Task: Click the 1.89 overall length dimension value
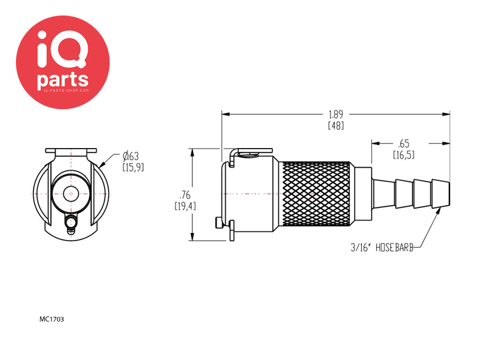[x=336, y=114]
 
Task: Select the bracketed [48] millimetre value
[x=336, y=126]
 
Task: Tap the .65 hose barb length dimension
[x=404, y=143]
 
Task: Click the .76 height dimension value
[x=185, y=195]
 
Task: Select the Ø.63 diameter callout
[x=131, y=157]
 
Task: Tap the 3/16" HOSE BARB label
[x=382, y=247]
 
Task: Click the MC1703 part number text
[x=52, y=319]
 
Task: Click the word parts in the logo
[x=63, y=79]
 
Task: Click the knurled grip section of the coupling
[x=316, y=194]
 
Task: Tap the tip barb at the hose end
[x=441, y=194]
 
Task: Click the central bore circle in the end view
[x=71, y=194]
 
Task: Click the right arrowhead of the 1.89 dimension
[x=446, y=114]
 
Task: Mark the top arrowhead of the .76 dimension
[x=192, y=153]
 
